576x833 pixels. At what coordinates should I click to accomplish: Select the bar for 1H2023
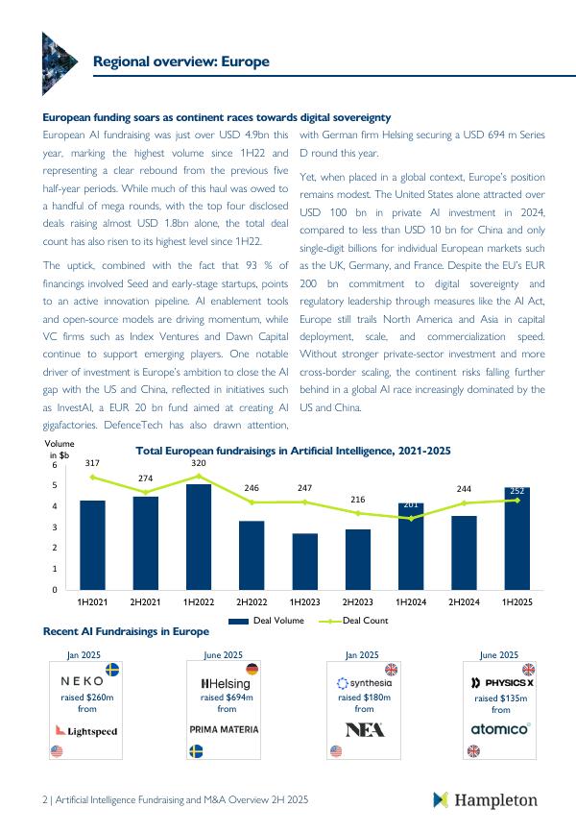(305, 561)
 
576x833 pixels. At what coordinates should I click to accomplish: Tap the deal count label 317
(92, 463)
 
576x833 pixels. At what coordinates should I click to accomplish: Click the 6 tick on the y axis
(55, 465)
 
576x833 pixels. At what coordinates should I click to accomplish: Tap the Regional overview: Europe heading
(180, 61)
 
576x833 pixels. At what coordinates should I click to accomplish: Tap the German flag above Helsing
(252, 670)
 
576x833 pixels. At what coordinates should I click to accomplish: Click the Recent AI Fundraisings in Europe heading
(126, 631)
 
